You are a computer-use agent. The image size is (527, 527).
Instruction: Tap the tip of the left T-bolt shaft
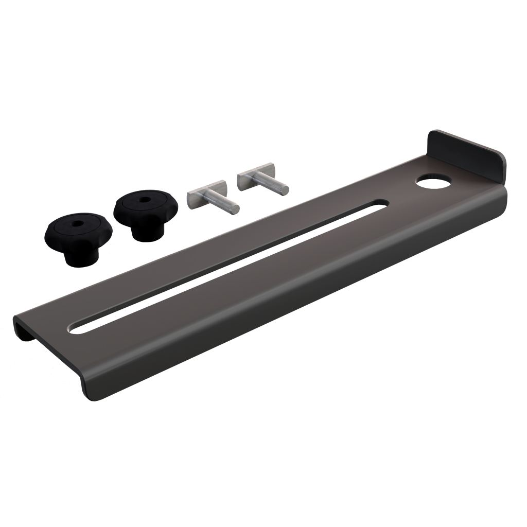click(x=235, y=208)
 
